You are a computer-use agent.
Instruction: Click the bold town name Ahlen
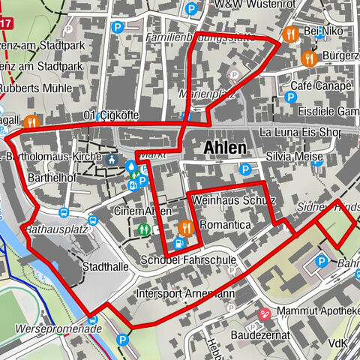[x=225, y=148]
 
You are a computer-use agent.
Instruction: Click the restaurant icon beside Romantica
[x=186, y=225]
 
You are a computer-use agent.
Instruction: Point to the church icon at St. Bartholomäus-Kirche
[x=112, y=159]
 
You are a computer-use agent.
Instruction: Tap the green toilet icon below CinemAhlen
[x=143, y=229]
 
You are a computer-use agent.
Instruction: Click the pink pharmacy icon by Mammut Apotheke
[x=264, y=313]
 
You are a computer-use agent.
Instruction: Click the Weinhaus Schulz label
[x=234, y=201]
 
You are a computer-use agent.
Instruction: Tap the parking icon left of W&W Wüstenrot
[x=192, y=10]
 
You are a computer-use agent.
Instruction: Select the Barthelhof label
[x=49, y=179]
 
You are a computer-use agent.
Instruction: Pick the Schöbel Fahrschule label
[x=188, y=260]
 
